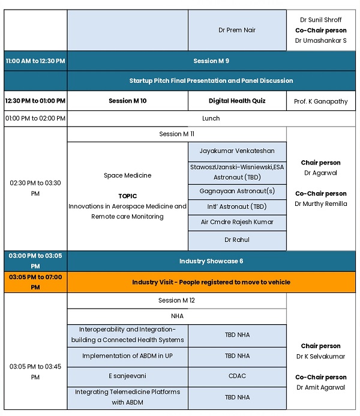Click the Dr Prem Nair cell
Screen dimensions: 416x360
tap(237, 30)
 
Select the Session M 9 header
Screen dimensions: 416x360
tap(211, 61)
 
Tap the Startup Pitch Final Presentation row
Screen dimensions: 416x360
tap(211, 80)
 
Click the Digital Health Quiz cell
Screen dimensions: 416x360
tap(237, 101)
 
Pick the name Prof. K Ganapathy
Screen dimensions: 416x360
tap(321, 101)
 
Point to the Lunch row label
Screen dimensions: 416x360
tap(211, 118)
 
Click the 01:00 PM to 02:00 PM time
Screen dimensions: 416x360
tap(35, 118)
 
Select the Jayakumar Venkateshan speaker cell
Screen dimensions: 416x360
tap(237, 151)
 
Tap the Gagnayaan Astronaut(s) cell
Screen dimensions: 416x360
tap(237, 191)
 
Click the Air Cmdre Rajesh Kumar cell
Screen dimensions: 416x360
tap(237, 222)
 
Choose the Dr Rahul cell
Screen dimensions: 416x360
tap(237, 240)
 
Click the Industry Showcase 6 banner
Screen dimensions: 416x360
tap(211, 261)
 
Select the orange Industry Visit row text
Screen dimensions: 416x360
tap(211, 282)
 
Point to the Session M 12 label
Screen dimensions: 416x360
tap(176, 300)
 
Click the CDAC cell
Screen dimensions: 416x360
tap(237, 376)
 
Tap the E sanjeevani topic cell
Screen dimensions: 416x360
tap(128, 376)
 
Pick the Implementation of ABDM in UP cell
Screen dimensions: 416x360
tap(128, 356)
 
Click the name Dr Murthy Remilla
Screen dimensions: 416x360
tap(321, 203)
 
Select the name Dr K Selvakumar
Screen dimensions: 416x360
tap(321, 357)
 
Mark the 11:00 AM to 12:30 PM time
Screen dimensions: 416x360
tap(35, 61)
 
